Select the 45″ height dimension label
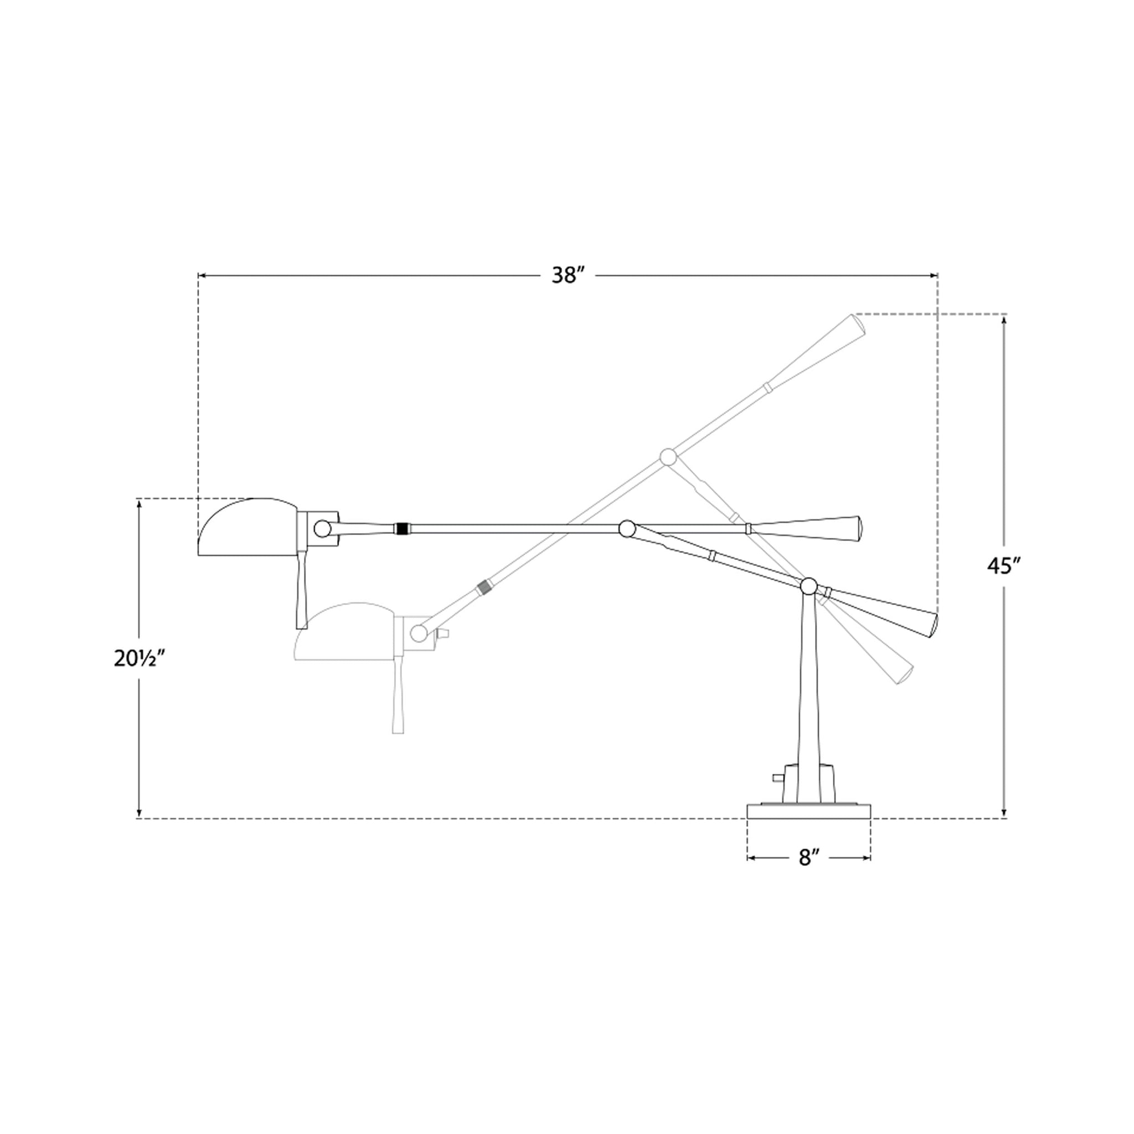pos(1004,565)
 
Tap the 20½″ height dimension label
pos(137,659)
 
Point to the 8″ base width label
pos(808,858)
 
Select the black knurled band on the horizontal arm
pos(401,528)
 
